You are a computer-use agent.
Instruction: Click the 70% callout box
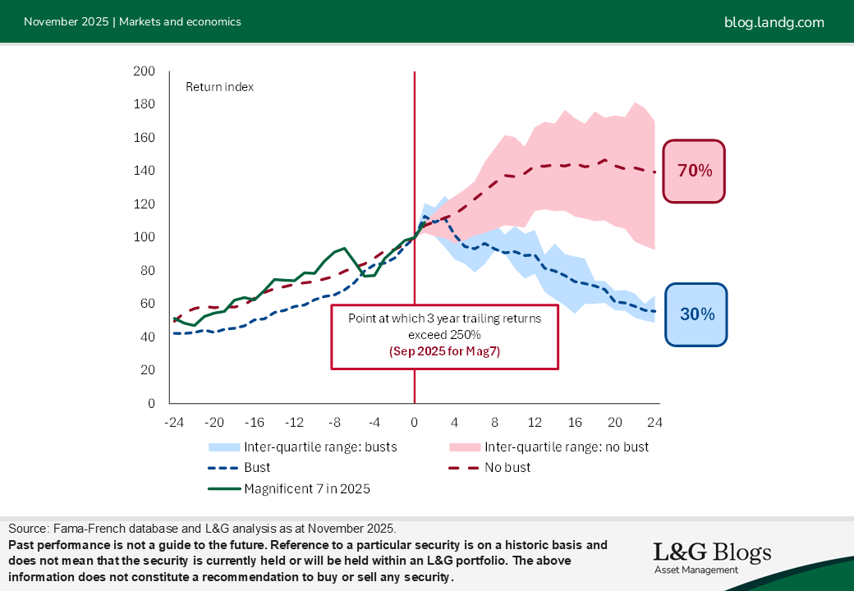694,171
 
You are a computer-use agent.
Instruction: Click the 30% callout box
696,314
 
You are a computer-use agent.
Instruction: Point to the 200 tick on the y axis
145,71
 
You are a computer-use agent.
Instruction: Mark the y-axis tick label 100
145,237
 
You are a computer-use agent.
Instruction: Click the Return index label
219,87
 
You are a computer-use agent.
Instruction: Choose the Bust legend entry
257,467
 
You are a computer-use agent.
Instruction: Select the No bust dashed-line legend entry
507,467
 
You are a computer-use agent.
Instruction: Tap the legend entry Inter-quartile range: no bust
567,447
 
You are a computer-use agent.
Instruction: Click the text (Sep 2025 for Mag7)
444,350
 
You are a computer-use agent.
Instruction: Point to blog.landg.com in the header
774,22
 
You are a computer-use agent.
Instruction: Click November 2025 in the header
66,22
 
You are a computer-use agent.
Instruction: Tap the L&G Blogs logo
711,557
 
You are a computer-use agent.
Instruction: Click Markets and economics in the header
180,22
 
